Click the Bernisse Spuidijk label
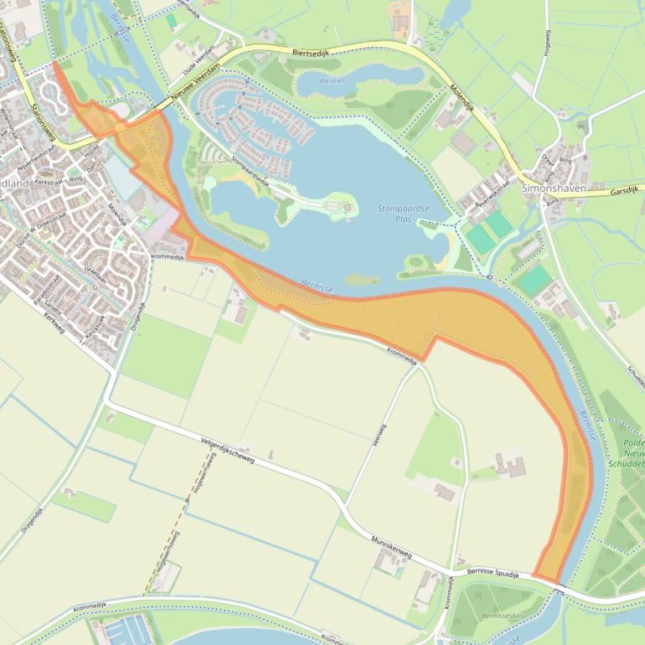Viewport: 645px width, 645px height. coord(493,574)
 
